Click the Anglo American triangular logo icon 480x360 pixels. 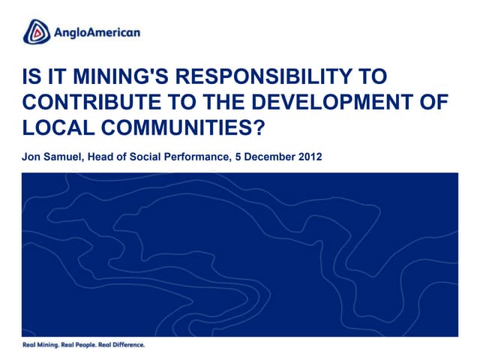(37, 32)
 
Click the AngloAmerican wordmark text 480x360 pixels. (97, 33)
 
